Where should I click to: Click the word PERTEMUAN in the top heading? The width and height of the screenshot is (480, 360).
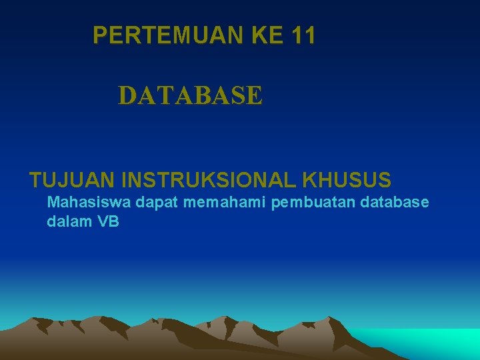coord(169,35)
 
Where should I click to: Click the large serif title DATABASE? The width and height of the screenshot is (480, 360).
coord(191,95)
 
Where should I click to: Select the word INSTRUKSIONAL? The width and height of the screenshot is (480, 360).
coord(208,180)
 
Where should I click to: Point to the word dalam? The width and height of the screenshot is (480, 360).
coord(69,222)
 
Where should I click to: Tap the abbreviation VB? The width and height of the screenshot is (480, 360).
coord(109,222)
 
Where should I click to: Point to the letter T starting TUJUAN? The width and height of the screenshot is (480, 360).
coord(36,180)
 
